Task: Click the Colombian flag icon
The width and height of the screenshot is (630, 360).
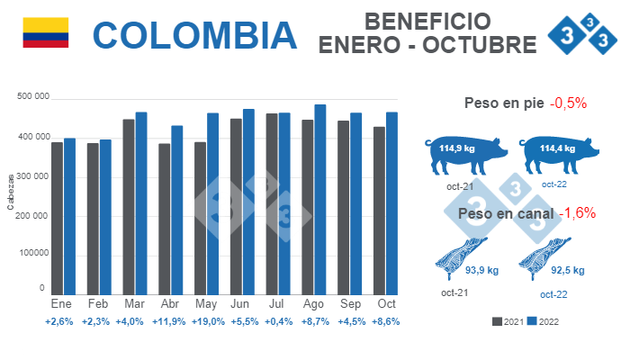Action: [x=45, y=31]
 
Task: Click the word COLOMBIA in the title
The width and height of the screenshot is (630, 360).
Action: [x=194, y=34]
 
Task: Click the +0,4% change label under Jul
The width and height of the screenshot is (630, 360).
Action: [x=277, y=321]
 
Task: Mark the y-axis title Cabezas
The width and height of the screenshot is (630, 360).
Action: [x=11, y=193]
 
